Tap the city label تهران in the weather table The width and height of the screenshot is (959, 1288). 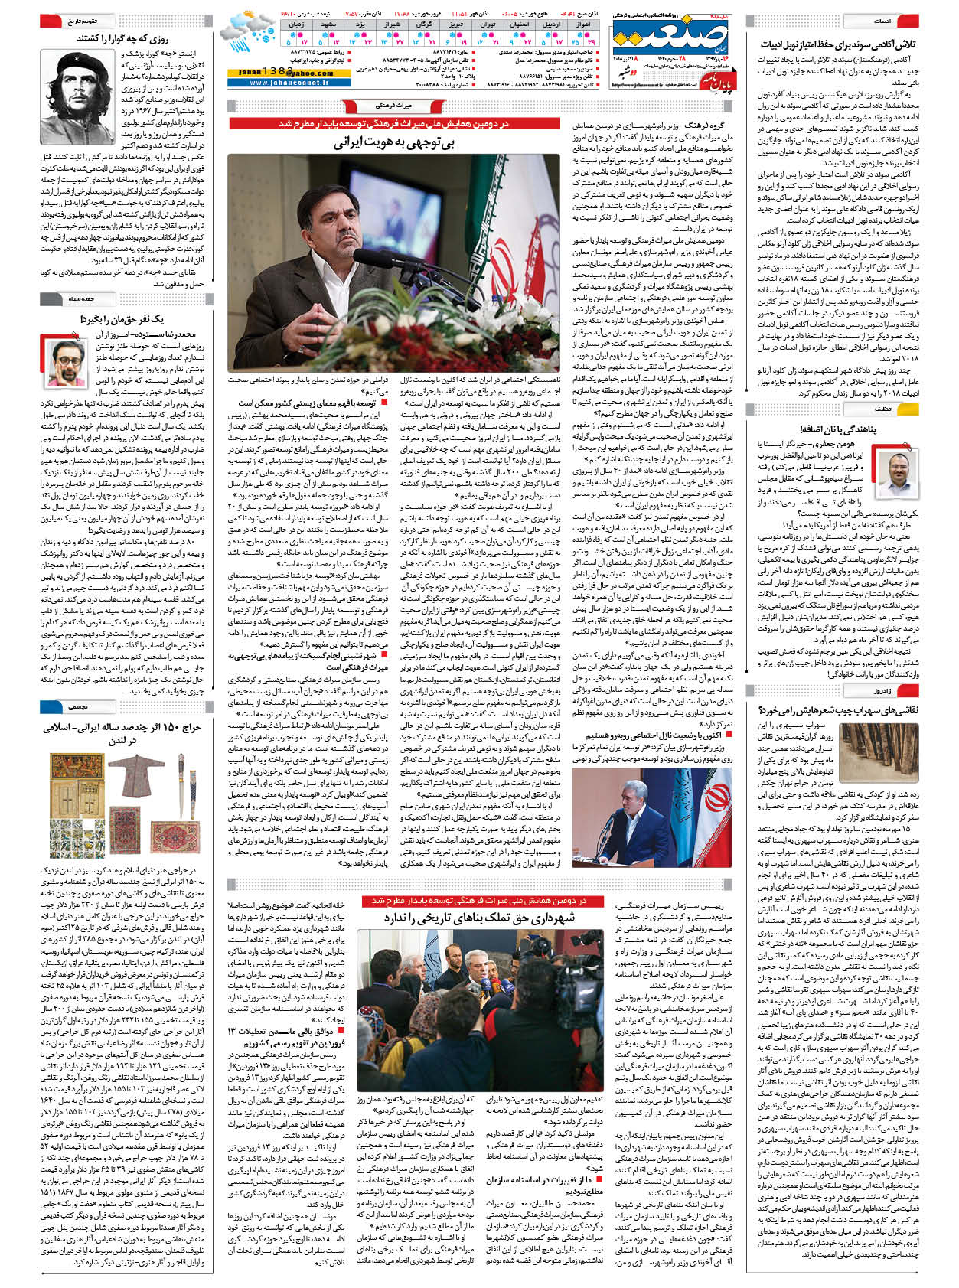pos(488,24)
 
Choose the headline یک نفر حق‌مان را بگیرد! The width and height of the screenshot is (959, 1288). pos(122,319)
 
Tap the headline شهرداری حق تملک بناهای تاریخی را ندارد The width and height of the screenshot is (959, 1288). pos(479,918)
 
